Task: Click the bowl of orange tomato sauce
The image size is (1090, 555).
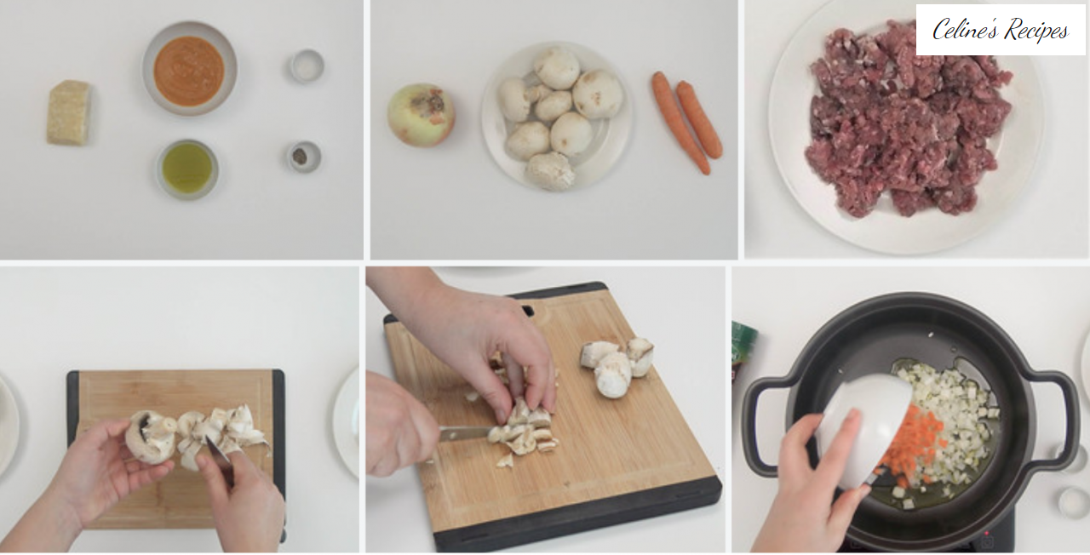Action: (x=189, y=69)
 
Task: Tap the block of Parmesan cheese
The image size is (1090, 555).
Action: (x=69, y=113)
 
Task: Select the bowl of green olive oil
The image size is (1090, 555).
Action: (x=187, y=169)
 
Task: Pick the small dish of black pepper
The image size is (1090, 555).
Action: (x=303, y=157)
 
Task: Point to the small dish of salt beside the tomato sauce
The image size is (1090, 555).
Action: (x=307, y=66)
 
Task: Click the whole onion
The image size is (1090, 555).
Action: (x=422, y=115)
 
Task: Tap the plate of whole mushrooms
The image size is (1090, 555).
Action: (x=557, y=117)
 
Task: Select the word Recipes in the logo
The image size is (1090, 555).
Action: (x=1036, y=30)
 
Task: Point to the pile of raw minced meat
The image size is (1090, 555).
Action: (x=908, y=119)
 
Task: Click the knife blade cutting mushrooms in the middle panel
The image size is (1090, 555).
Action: (x=466, y=433)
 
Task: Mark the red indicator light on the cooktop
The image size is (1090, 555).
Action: (x=987, y=534)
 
